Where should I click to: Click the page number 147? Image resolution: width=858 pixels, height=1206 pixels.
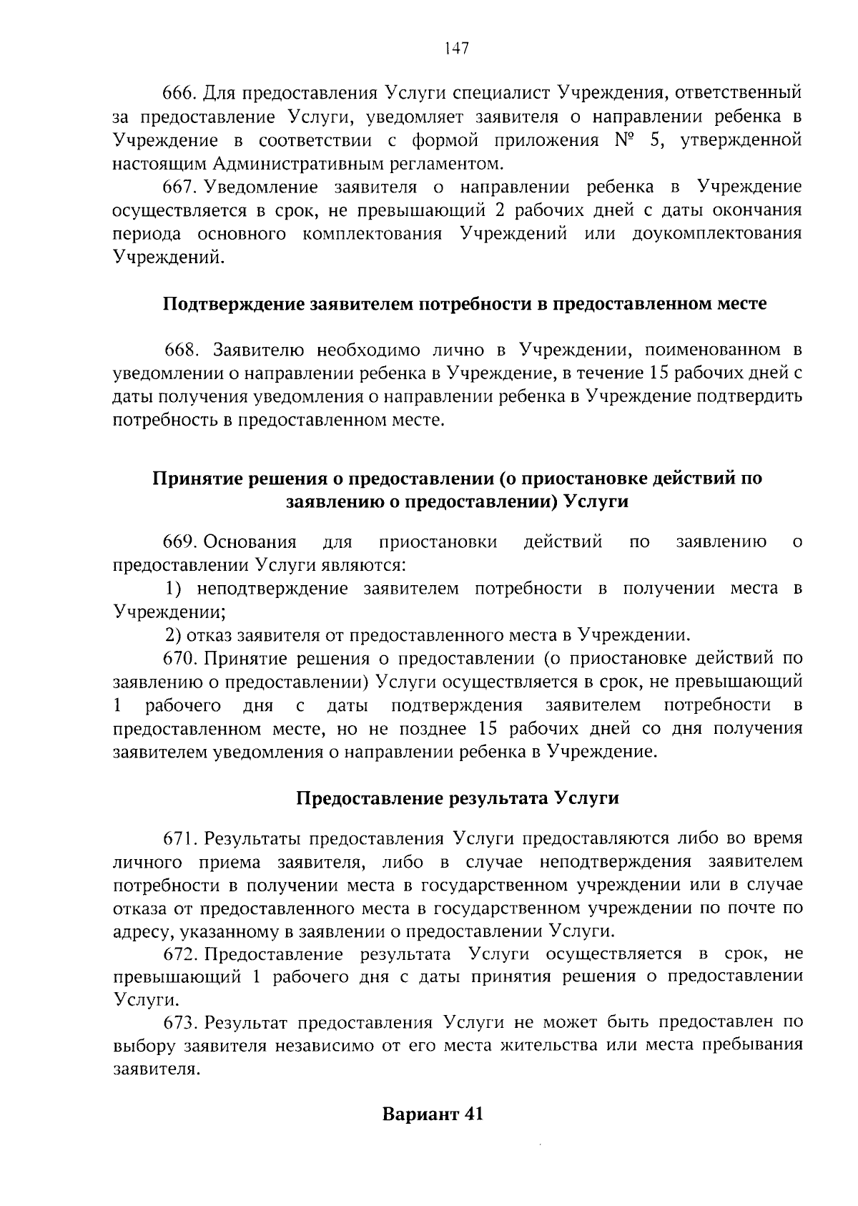pyautogui.click(x=455, y=48)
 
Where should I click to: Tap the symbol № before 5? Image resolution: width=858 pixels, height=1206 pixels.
pyautogui.click(x=624, y=139)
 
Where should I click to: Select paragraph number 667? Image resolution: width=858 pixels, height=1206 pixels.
pyautogui.click(x=179, y=187)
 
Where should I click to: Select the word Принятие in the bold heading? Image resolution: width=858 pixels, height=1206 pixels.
pyautogui.click(x=195, y=479)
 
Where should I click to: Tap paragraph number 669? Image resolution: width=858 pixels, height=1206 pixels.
pyautogui.click(x=179, y=541)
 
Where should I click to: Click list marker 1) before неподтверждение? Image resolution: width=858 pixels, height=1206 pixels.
pyautogui.click(x=174, y=588)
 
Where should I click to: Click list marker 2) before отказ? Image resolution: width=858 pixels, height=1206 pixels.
pyautogui.click(x=174, y=634)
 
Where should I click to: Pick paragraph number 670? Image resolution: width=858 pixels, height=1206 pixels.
pyautogui.click(x=179, y=658)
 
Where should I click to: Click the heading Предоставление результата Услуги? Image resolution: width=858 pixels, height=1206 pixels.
pyautogui.click(x=457, y=798)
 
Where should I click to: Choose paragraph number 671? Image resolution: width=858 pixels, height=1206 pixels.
pyautogui.click(x=179, y=838)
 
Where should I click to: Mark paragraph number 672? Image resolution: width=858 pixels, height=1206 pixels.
pyautogui.click(x=179, y=954)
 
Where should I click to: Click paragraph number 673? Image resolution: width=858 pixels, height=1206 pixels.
pyautogui.click(x=179, y=1022)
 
